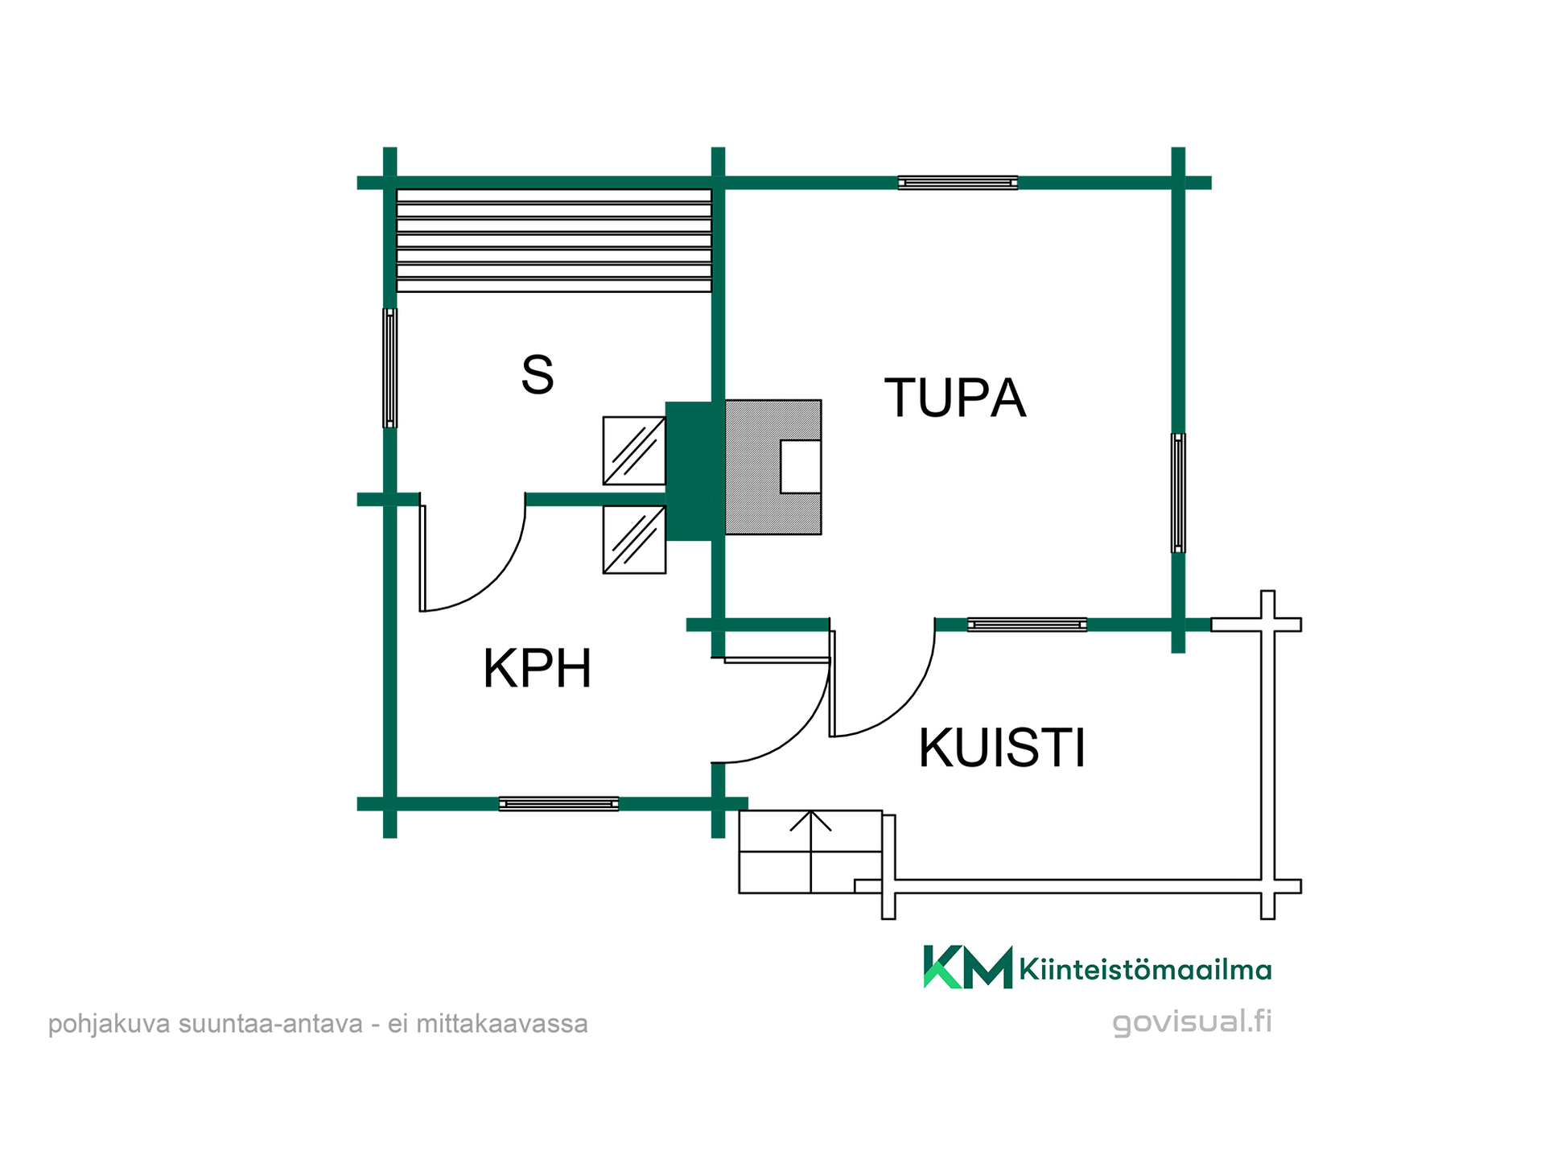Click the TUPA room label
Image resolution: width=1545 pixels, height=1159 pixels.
point(955,398)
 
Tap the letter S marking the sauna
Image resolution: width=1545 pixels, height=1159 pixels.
point(538,374)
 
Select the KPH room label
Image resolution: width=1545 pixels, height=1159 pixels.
point(538,668)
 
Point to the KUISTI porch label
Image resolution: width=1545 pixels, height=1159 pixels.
point(1002,748)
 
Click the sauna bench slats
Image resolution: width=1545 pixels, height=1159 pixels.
point(554,241)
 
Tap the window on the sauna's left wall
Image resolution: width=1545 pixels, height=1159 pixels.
point(389,368)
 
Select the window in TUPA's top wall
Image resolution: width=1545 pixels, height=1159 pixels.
point(958,183)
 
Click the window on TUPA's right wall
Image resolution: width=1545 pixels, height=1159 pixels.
point(1178,493)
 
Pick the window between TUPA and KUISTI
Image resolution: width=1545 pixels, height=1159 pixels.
point(1027,625)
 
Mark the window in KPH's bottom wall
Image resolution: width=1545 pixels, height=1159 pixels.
point(558,803)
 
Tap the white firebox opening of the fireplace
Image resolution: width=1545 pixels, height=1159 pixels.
point(801,467)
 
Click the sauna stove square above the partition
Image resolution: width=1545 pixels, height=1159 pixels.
point(634,451)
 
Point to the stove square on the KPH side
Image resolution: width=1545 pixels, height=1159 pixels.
point(634,539)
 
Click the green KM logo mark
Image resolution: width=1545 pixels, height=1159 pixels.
point(967,967)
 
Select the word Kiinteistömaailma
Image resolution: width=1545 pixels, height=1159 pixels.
point(1145,969)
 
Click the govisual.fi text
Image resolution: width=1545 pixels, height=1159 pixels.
point(1192,1022)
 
